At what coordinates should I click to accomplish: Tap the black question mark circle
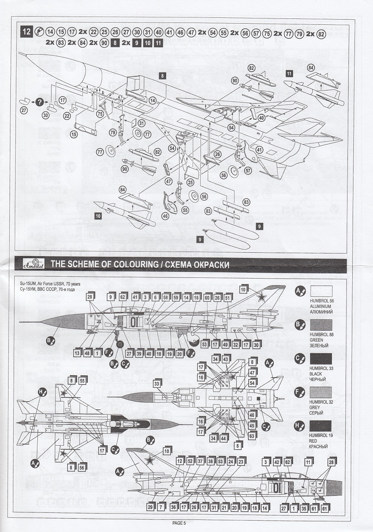40,102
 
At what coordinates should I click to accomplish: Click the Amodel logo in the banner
34,265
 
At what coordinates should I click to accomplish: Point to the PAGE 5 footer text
179,522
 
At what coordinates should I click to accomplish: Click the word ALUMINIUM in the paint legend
320,306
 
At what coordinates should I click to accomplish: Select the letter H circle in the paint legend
299,426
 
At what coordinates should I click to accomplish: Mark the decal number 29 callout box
150,507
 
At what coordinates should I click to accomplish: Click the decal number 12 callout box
179,461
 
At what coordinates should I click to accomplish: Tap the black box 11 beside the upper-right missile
289,74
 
